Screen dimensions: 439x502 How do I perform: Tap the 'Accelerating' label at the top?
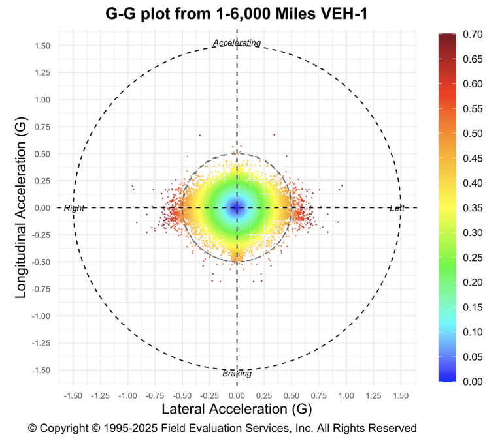[237, 43]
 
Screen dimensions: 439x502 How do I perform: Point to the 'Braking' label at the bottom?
[237, 374]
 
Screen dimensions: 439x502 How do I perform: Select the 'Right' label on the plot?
[75, 208]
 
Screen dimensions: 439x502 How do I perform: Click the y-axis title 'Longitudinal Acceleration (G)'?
[21, 208]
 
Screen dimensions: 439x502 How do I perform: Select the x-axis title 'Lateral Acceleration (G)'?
[236, 409]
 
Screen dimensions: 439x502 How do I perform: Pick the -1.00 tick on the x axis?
[127, 395]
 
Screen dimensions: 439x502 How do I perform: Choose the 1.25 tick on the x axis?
[373, 395]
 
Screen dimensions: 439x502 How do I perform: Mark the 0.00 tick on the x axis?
[237, 395]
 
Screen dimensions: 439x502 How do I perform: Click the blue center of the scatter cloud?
[237, 208]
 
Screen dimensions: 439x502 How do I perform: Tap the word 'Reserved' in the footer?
[393, 429]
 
